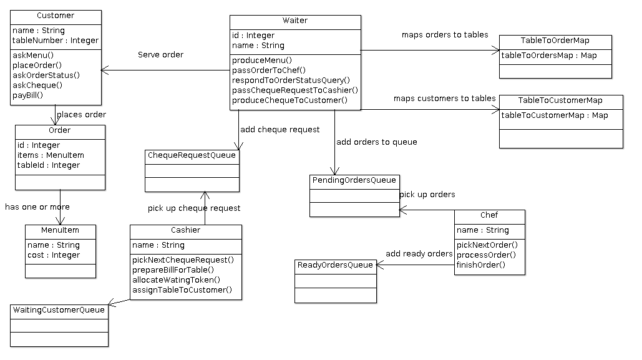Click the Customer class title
point(56,16)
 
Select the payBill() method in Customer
point(28,95)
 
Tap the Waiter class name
point(295,21)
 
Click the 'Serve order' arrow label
point(160,55)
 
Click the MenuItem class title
point(61,230)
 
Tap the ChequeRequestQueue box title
point(192,155)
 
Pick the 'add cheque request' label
point(280,130)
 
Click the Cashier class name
point(185,230)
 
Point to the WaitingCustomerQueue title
point(59,310)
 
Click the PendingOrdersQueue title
point(354,180)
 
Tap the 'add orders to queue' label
point(377,142)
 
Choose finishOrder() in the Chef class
point(481,265)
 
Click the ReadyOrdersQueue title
point(335,265)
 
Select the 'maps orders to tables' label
point(445,35)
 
